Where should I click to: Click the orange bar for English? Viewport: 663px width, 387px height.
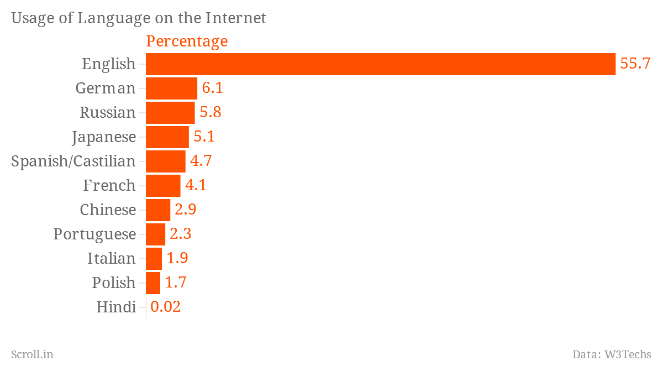[x=380, y=64]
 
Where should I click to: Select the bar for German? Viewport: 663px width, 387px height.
[x=171, y=88]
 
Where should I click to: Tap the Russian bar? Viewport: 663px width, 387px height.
[x=170, y=113]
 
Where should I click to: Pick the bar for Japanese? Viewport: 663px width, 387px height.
[x=167, y=137]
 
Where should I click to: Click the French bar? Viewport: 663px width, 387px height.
[x=163, y=186]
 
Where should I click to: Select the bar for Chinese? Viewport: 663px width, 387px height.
[x=158, y=210]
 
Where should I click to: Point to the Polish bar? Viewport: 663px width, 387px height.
[x=153, y=283]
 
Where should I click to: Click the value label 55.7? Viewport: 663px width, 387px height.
[x=635, y=64]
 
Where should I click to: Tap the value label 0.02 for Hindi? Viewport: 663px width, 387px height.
[x=166, y=307]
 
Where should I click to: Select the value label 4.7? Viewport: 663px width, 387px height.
[x=201, y=161]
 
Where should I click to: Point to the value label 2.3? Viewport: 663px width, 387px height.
[x=181, y=234]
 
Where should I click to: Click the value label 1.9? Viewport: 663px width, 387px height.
[x=177, y=258]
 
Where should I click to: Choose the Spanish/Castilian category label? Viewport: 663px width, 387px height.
[x=73, y=161]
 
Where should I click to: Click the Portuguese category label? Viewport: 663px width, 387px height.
[x=94, y=234]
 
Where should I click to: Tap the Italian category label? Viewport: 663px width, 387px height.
[x=111, y=258]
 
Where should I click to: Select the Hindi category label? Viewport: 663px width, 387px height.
[x=116, y=307]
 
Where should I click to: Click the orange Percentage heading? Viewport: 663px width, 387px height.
[x=187, y=41]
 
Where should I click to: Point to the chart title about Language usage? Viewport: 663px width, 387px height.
[x=139, y=18]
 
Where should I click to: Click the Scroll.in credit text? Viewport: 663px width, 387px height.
[x=32, y=354]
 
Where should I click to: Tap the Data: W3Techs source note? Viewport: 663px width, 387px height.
[x=612, y=354]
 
